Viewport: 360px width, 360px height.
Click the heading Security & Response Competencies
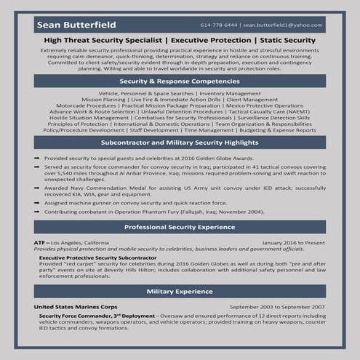(x=180, y=82)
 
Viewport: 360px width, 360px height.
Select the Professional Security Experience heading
(x=180, y=227)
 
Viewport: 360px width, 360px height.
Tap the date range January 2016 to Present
(x=293, y=241)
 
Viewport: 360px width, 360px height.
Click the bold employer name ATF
(x=40, y=241)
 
